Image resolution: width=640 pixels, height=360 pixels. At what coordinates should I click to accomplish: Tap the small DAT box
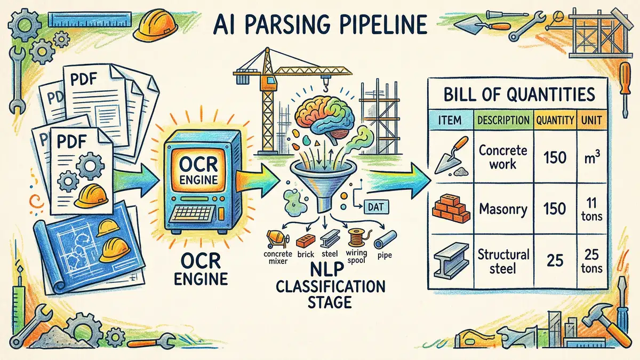point(376,206)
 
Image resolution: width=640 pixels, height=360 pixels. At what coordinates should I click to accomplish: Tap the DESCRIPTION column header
point(503,120)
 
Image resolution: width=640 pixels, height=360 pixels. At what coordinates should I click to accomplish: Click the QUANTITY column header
point(555,120)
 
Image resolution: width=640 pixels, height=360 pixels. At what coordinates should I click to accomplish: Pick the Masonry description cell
point(503,209)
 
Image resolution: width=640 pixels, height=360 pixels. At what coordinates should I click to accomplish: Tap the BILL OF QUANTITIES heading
point(519,95)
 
